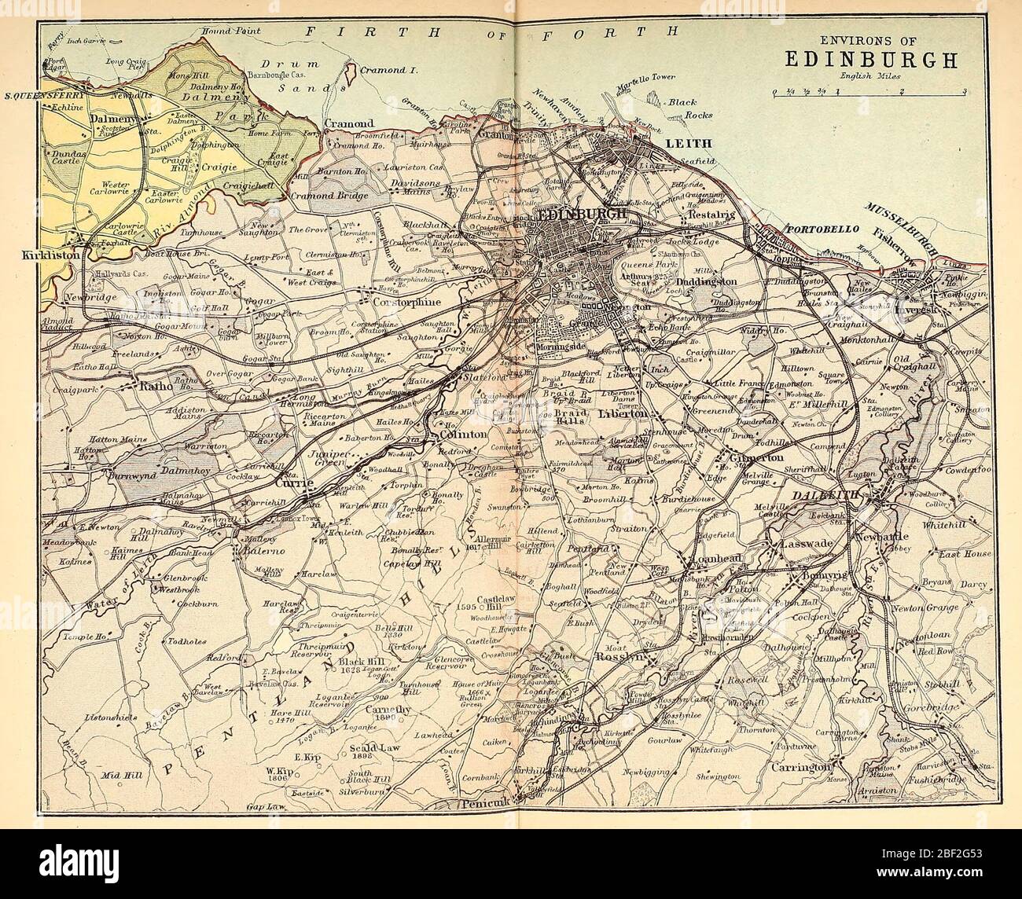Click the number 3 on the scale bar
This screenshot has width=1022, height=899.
[964, 91]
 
